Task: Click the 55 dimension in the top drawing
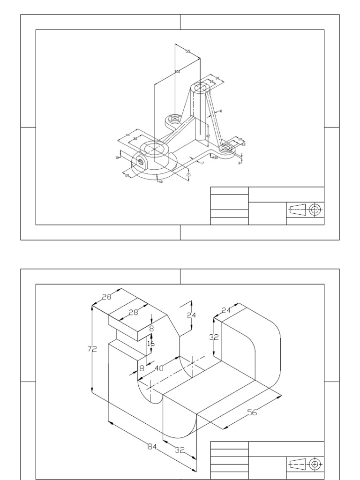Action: click(187, 51)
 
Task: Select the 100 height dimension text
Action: click(177, 72)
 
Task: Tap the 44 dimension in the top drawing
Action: click(127, 135)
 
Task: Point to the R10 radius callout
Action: click(215, 158)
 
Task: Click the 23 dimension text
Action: click(188, 175)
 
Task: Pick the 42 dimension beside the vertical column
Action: click(208, 136)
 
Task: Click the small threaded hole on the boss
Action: click(141, 162)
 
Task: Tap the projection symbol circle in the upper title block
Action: click(316, 210)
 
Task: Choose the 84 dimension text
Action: click(151, 447)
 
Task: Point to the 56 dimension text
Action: click(252, 412)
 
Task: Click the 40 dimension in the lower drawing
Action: click(159, 368)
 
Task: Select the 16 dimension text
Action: click(150, 343)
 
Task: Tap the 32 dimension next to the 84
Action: click(180, 450)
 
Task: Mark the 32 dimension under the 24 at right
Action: click(214, 337)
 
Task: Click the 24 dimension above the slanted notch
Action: click(191, 315)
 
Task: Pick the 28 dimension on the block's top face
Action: click(134, 313)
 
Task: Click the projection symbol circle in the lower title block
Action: click(315, 464)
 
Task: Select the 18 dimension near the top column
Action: click(211, 82)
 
